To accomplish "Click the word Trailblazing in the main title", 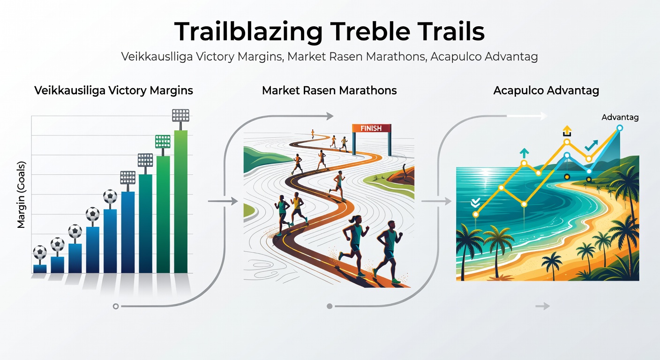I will point(248,32).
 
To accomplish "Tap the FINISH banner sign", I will point(371,128).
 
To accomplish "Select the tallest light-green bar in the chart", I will point(181,202).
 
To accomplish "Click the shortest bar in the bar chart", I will point(40,269).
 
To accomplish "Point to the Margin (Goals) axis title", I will point(21,195).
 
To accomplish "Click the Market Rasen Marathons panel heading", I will point(329,90).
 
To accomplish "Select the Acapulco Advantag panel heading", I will point(546,90).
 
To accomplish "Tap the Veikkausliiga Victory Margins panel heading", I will point(113,90).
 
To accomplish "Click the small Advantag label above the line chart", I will point(620,118).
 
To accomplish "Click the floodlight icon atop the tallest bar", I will point(181,115).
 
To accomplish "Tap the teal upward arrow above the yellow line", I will point(524,152).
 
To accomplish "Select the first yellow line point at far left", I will point(476,214).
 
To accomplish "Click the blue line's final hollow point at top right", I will point(620,127).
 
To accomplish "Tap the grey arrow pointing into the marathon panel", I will point(230,201).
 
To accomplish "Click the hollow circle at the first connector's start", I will point(116,307).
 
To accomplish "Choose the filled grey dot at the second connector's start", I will point(330,307).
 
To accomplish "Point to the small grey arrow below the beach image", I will point(542,307).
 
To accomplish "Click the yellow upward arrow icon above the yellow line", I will point(567,130).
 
